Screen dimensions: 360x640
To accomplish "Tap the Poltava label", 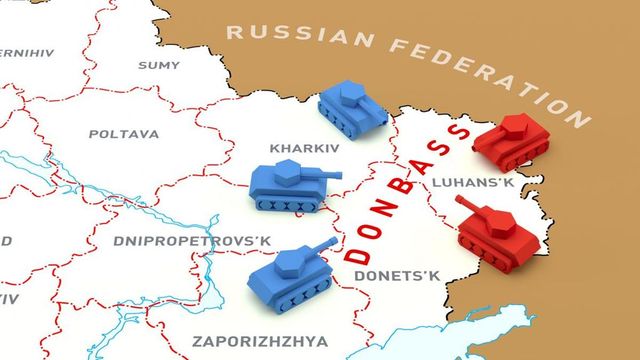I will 124,133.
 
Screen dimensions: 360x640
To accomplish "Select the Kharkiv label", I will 304,148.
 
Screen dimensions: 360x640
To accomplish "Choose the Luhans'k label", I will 473,183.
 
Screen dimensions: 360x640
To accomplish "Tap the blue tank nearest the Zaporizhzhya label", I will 291,273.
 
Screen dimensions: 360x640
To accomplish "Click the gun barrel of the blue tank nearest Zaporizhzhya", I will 323,245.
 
